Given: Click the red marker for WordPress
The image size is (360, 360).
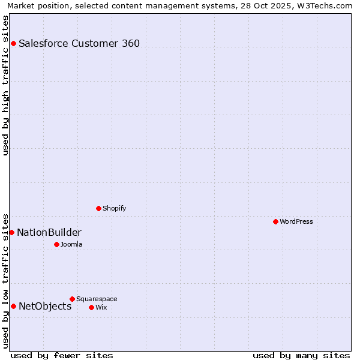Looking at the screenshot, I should pyautogui.click(x=275, y=221).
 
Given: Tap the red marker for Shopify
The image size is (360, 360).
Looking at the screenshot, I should pyautogui.click(x=98, y=208).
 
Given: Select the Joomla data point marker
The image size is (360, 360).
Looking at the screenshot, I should pyautogui.click(x=56, y=244).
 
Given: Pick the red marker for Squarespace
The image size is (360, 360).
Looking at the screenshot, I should pyautogui.click(x=72, y=299).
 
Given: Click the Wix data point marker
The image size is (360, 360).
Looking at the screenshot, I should pyautogui.click(x=91, y=307).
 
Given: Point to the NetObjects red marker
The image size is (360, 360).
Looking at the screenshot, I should pyautogui.click(x=13, y=306).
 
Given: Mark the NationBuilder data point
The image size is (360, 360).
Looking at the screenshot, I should pyautogui.click(x=11, y=232).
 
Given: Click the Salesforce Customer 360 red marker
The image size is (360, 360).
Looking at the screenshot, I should pyautogui.click(x=13, y=43).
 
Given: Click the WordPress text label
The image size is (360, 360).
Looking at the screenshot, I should pyautogui.click(x=296, y=221).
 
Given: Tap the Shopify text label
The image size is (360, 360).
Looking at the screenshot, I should pyautogui.click(x=114, y=208).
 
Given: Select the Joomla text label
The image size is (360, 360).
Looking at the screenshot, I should pyautogui.click(x=71, y=244).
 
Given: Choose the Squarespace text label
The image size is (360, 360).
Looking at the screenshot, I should pyautogui.click(x=97, y=299).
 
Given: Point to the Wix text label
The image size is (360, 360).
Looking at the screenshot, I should pyautogui.click(x=101, y=307).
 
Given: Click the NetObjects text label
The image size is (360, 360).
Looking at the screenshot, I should pyautogui.click(x=45, y=306).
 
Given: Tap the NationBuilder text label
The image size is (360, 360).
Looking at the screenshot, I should pyautogui.click(x=49, y=232).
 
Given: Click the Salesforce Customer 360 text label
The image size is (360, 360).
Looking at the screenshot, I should pyautogui.click(x=79, y=43).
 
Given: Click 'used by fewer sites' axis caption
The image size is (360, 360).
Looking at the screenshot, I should pyautogui.click(x=62, y=355).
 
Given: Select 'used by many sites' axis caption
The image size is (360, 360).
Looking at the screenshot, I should pyautogui.click(x=301, y=355).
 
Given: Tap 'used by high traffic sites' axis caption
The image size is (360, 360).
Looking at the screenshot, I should pyautogui.click(x=6, y=85).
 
